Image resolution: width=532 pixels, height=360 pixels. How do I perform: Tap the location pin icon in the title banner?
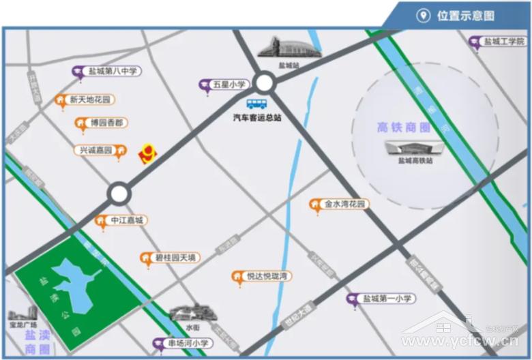click(424, 16)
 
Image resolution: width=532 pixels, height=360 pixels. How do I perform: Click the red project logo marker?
click(147, 155)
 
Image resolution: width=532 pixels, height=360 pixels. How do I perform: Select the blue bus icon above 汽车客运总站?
click(256, 104)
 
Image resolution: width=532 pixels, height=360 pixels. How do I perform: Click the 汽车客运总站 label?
click(256, 117)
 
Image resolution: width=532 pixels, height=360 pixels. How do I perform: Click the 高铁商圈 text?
click(404, 127)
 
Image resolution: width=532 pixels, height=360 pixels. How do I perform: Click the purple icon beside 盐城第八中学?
click(78, 71)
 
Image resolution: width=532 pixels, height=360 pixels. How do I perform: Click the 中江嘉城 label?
click(128, 220)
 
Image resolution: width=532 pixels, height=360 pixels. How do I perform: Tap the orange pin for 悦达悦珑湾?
click(237, 276)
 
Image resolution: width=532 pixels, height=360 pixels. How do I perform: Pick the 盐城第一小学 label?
click(388, 298)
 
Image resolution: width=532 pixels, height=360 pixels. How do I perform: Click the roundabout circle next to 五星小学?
click(265, 84)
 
